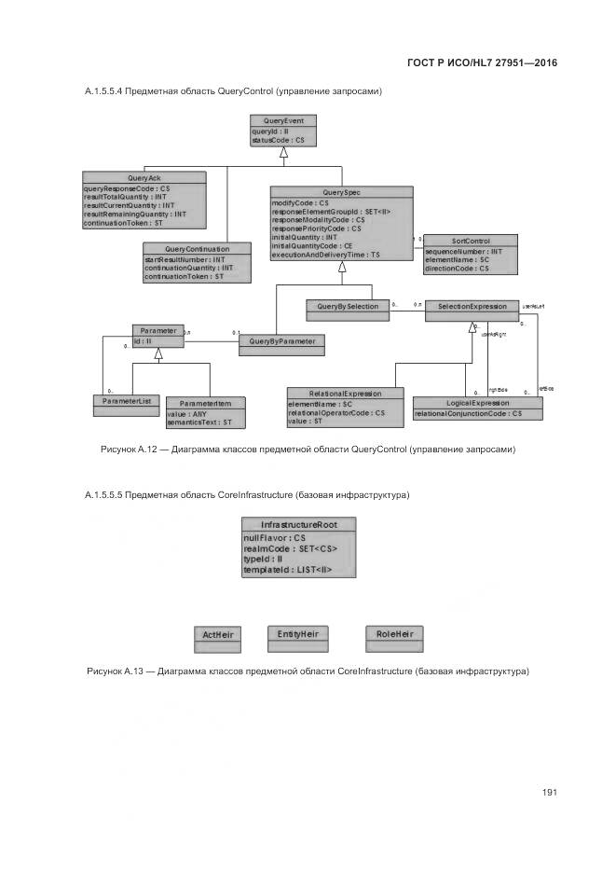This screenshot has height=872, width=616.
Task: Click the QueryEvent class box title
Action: click(x=284, y=121)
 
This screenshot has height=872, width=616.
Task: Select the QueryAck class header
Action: click(x=144, y=177)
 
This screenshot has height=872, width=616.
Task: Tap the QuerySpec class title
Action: click(x=342, y=191)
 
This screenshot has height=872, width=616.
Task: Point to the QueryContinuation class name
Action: click(x=198, y=248)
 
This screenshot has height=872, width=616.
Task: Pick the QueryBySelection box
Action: click(x=348, y=306)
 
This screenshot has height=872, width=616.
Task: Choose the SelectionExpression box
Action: click(x=472, y=306)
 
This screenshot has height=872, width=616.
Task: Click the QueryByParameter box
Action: click(x=282, y=341)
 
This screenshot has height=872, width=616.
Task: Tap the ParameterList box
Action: click(x=126, y=401)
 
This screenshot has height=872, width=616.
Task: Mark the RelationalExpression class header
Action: click(x=346, y=394)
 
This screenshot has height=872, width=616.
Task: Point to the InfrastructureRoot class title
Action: click(x=297, y=525)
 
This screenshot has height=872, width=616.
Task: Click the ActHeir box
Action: click(x=217, y=635)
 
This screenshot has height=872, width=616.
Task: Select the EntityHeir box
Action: click(x=298, y=634)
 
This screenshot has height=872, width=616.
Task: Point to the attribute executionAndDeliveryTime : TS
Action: click(x=326, y=254)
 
